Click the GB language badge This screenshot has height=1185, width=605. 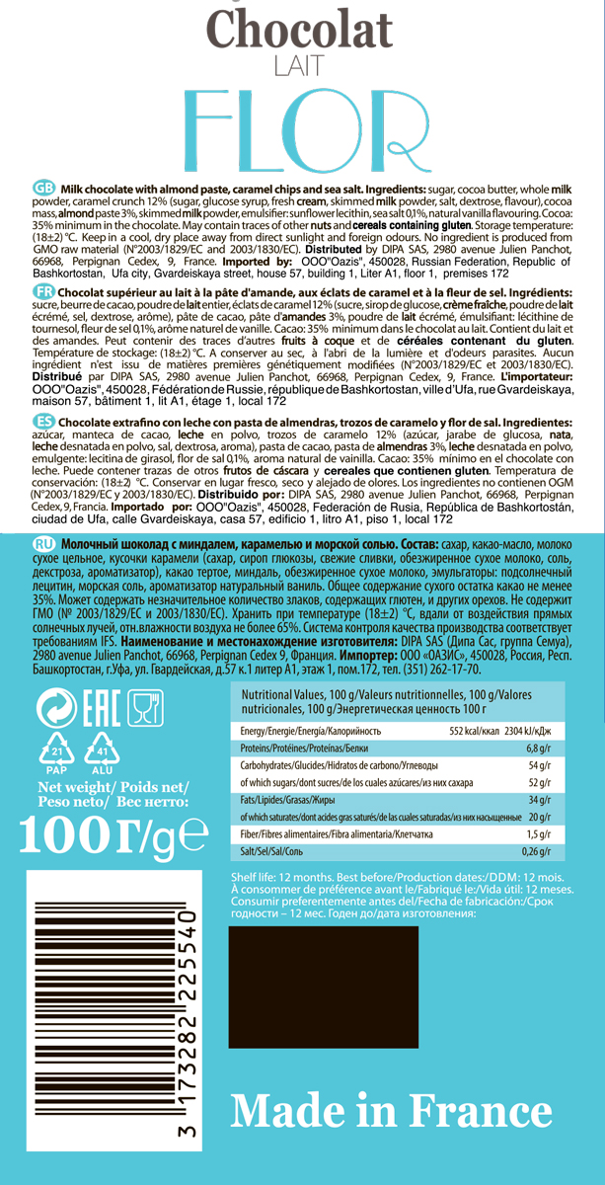pos(44,189)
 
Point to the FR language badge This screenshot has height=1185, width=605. pos(43,292)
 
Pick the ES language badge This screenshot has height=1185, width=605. pos(43,422)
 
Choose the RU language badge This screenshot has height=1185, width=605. pos(44,544)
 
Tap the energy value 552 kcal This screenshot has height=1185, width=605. pos(471,731)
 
